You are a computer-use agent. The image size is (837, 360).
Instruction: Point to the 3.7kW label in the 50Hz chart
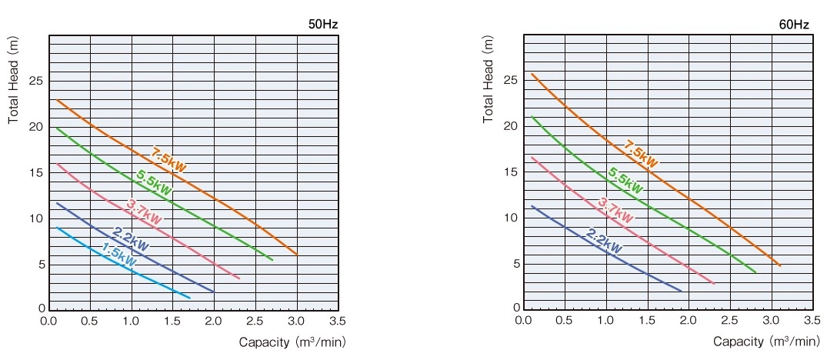click(x=144, y=212)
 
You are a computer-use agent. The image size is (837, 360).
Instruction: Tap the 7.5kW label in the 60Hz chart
click(x=640, y=154)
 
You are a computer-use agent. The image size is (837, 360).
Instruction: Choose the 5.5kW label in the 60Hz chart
click(x=625, y=180)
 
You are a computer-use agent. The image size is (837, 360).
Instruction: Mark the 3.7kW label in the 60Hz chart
click(x=615, y=208)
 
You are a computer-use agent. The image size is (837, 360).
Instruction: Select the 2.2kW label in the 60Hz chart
click(x=604, y=241)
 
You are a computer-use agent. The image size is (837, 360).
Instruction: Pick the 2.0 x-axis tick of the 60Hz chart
click(x=689, y=320)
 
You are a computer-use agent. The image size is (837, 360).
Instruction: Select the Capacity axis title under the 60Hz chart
click(x=761, y=341)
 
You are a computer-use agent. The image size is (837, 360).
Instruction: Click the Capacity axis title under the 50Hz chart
click(x=287, y=341)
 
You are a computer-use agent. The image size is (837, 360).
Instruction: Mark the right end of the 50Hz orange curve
click(x=296, y=254)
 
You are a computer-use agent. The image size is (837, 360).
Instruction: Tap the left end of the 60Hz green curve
click(x=532, y=117)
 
